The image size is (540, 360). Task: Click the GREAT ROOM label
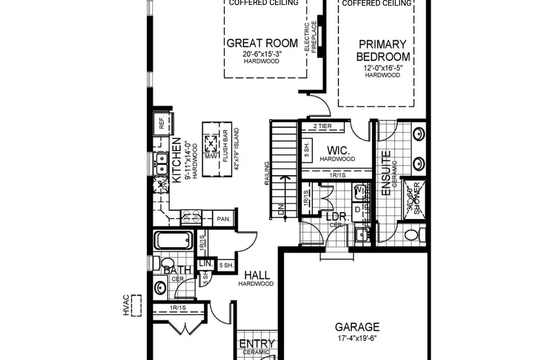point(262,43)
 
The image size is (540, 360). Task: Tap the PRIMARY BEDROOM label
point(382,50)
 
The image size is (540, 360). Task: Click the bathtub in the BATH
point(173,240)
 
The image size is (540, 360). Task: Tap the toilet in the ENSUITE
point(412,234)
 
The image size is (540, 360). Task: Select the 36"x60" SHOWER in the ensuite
point(413,200)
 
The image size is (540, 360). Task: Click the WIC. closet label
point(337,150)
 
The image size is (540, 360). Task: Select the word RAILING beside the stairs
point(267,174)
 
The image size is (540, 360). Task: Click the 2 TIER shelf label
point(322,126)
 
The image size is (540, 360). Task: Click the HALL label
point(257,275)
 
